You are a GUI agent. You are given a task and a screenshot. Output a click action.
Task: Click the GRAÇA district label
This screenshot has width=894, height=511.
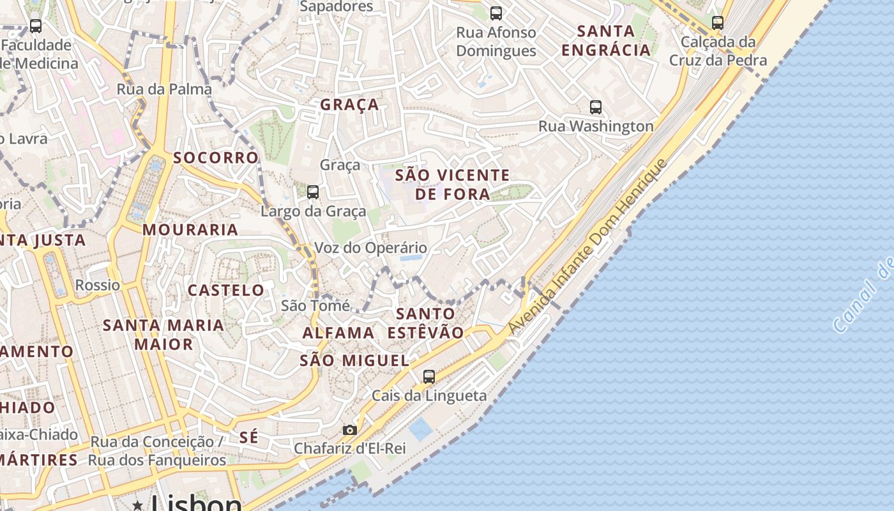(349, 105)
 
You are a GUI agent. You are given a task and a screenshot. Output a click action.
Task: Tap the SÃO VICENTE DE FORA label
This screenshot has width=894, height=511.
(453, 184)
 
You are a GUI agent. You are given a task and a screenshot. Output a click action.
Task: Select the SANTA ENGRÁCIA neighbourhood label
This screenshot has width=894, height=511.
(605, 40)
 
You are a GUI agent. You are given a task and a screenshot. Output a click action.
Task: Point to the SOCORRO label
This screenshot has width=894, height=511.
(216, 158)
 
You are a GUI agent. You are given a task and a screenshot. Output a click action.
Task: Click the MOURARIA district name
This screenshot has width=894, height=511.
(190, 230)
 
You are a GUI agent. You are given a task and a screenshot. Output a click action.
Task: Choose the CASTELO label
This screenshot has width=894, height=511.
(225, 291)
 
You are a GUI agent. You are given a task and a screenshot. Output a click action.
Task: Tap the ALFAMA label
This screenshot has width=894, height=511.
(338, 333)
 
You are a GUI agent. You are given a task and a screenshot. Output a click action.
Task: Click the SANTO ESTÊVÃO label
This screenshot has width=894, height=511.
(425, 323)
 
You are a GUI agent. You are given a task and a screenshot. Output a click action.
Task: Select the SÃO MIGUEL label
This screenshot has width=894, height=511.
(354, 360)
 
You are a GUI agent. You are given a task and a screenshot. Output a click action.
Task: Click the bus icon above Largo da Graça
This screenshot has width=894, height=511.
(313, 192)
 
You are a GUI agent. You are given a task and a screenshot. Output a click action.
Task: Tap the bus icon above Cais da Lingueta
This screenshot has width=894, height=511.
(429, 377)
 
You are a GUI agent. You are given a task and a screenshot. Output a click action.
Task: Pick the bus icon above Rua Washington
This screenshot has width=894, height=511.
(596, 107)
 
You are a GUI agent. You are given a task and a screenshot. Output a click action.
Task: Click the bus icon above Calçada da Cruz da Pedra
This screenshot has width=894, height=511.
(718, 23)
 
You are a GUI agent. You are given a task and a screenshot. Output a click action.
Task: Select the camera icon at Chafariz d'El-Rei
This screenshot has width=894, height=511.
(349, 430)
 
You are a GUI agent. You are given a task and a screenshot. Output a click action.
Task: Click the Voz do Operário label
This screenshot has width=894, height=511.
(371, 248)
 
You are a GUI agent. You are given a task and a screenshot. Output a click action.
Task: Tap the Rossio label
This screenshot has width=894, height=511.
(97, 285)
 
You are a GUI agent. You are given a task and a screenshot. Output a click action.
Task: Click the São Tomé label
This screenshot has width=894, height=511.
(315, 306)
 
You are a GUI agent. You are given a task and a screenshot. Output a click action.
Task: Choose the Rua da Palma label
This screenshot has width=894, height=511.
(164, 89)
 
